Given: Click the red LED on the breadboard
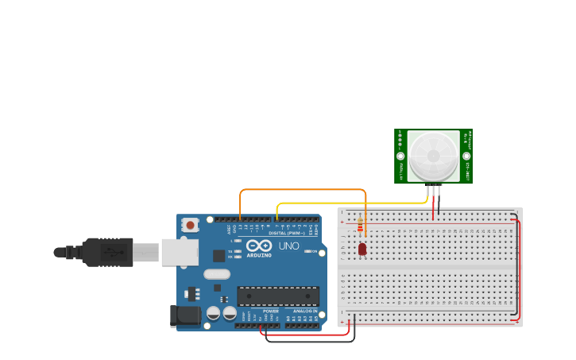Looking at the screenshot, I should pyautogui.click(x=362, y=249).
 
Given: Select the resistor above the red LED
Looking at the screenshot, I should pyautogui.click(x=360, y=226).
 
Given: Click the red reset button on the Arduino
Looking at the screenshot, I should pyautogui.click(x=190, y=225).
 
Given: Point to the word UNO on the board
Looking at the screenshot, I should pyautogui.click(x=288, y=246).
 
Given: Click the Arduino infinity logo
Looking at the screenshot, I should pyautogui.click(x=259, y=245).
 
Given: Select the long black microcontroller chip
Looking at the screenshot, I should pyautogui.click(x=278, y=296).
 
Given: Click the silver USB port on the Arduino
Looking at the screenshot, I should pyautogui.click(x=180, y=252).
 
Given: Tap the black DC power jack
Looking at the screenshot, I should pyautogui.click(x=185, y=315).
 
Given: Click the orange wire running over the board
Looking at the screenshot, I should pyautogui.click(x=302, y=190).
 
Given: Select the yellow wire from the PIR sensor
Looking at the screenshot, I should pyautogui.click(x=350, y=203).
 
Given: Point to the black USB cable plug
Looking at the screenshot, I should pyautogui.click(x=107, y=252).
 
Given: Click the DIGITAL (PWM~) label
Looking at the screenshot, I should pyautogui.click(x=287, y=233).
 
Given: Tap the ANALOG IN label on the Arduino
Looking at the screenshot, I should pyautogui.click(x=304, y=311).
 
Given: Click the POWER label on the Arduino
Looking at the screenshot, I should pyautogui.click(x=270, y=311).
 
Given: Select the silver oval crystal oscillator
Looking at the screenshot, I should pyautogui.click(x=216, y=274).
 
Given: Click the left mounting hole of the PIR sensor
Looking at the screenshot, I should pyautogui.click(x=400, y=157).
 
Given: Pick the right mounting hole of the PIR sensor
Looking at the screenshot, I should pyautogui.click(x=466, y=157).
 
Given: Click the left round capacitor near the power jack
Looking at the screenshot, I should pyautogui.click(x=214, y=313).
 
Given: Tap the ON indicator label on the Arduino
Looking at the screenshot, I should pyautogui.click(x=315, y=252).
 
